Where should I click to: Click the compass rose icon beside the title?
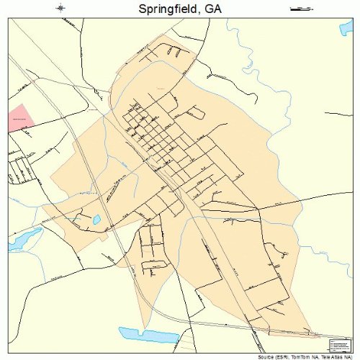[61, 9]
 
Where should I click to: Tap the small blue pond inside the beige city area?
[96, 219]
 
